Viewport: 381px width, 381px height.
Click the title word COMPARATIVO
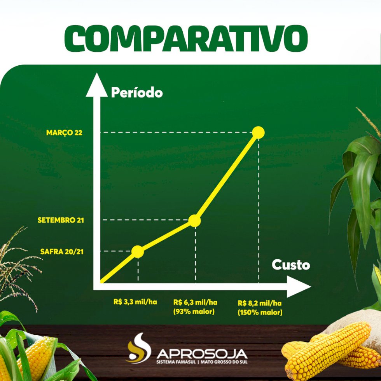186,38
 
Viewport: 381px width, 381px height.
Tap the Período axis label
137,93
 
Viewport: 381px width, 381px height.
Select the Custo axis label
291,265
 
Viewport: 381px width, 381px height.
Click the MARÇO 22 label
65,133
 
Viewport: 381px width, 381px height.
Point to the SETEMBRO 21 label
61,220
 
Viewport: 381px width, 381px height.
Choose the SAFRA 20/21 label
62,252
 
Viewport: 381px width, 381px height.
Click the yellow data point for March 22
258,133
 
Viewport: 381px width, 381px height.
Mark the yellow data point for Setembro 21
195,221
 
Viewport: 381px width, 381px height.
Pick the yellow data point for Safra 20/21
138,252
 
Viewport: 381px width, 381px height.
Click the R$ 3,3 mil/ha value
135,302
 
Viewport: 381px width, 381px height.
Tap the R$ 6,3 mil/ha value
195,302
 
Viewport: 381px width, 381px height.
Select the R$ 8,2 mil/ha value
260,303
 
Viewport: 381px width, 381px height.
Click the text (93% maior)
194,311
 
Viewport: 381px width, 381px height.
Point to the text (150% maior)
260,312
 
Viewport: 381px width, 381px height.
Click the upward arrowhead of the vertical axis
97,85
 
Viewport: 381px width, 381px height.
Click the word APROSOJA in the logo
202,354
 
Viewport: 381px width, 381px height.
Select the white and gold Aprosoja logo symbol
139,348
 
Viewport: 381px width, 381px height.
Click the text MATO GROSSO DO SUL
224,362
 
